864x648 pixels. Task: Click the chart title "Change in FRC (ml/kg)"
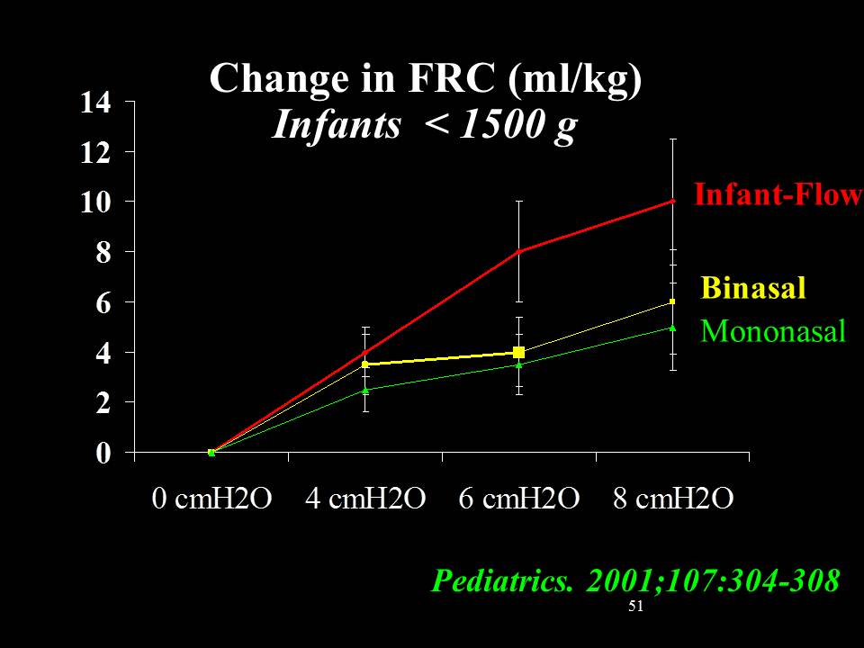coord(426,79)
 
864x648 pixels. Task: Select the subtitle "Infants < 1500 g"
coord(424,126)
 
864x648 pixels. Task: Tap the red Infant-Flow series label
coord(778,194)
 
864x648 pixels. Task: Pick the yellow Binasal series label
coord(752,288)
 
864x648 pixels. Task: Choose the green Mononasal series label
coord(773,331)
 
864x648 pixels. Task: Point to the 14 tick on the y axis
coord(95,103)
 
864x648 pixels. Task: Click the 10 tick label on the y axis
coord(95,202)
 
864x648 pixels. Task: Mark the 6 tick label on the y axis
coord(103,303)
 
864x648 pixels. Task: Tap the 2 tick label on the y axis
coord(103,403)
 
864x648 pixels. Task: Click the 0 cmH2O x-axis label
coord(211,499)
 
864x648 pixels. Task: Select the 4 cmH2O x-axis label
coord(364,499)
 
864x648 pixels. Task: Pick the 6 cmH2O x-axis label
coord(518,499)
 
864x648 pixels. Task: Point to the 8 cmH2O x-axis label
coord(673,499)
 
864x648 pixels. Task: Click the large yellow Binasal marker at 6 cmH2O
coord(519,353)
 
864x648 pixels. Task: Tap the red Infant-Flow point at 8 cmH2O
coord(672,202)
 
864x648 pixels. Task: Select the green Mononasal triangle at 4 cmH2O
coord(365,391)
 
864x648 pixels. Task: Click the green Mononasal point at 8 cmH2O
coord(672,328)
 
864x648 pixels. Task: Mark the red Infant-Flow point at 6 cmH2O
coord(519,252)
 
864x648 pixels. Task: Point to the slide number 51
coord(635,607)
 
